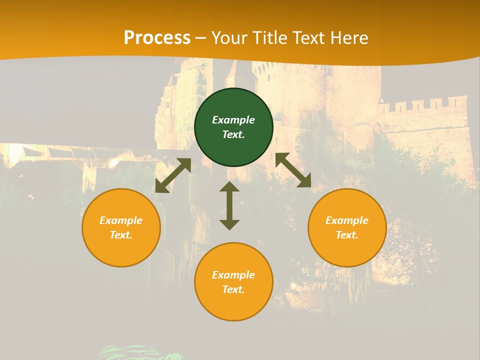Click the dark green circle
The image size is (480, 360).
tap(233, 127)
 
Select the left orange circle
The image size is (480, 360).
tap(121, 227)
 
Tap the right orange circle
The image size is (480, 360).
tap(347, 227)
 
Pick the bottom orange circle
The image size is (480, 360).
tap(233, 282)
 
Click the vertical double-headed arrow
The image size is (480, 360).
tap(229, 205)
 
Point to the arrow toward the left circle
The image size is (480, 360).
tap(173, 175)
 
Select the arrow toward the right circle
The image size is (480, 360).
tap(293, 170)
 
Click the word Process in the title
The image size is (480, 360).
tap(157, 38)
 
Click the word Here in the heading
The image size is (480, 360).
tap(349, 38)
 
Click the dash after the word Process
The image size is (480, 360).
tap(201, 38)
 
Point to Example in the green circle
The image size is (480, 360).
tap(233, 120)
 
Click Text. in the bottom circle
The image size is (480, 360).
tap(233, 289)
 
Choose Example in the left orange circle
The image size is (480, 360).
tap(121, 220)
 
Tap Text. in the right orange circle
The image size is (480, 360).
tap(347, 235)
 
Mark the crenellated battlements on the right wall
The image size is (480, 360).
tap(422, 105)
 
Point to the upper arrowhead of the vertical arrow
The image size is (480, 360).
tap(229, 187)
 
